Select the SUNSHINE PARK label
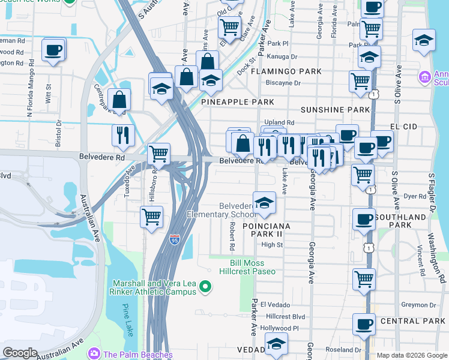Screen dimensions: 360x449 click(x=335, y=110)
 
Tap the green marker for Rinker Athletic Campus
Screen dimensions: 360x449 click(x=206, y=287)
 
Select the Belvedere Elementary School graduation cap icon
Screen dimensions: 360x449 click(x=264, y=205)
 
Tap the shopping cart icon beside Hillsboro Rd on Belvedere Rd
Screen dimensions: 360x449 click(x=158, y=154)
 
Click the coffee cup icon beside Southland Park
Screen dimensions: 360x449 click(x=364, y=220)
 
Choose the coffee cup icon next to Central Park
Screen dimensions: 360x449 click(x=364, y=325)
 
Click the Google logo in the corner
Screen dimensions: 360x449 click(x=20, y=352)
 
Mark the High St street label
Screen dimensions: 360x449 click(x=272, y=245)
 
